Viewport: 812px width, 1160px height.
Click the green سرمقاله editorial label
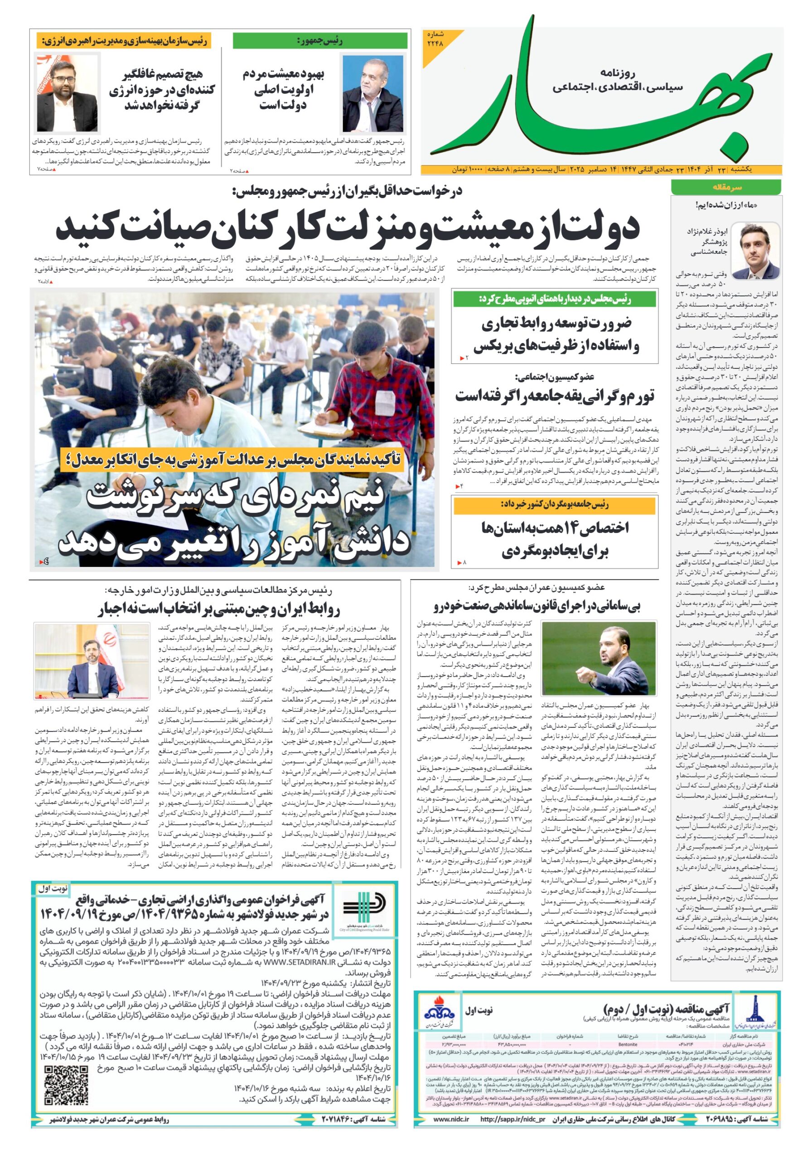pyautogui.click(x=725, y=188)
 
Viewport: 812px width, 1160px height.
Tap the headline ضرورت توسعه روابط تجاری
pyautogui.click(x=556, y=324)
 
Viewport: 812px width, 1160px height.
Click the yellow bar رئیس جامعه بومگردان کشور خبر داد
pyautogui.click(x=554, y=505)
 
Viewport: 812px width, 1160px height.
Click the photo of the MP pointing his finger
pyautogui.click(x=598, y=658)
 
